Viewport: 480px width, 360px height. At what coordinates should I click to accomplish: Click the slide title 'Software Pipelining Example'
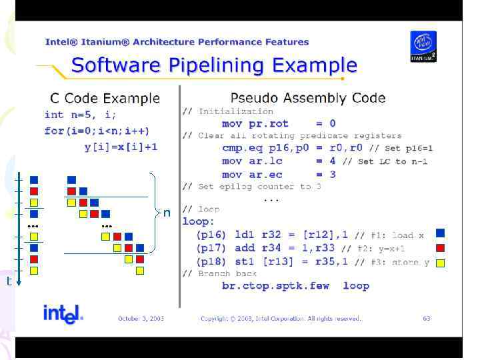(214, 65)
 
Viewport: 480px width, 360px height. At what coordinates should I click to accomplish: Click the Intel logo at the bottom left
(63, 315)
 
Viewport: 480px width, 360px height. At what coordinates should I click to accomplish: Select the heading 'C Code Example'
(105, 98)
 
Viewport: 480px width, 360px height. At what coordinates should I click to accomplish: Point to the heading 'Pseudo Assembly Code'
(307, 98)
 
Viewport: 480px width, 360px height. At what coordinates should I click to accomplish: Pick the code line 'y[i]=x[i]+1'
(121, 146)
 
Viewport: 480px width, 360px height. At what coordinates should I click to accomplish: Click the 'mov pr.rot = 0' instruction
(279, 123)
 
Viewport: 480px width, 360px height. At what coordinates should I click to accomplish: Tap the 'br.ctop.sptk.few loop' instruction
(295, 286)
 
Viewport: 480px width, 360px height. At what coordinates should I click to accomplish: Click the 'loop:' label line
(199, 221)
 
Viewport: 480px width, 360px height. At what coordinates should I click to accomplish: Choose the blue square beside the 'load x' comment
(440, 233)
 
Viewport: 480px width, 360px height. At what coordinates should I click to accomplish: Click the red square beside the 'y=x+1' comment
(440, 248)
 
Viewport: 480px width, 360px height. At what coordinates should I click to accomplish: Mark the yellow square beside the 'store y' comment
(440, 263)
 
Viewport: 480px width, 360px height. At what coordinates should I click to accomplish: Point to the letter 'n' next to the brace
(167, 213)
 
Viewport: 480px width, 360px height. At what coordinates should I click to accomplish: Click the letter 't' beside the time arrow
(9, 281)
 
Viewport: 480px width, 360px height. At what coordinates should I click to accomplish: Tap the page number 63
(426, 319)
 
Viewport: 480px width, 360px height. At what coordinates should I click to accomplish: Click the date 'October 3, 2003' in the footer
(141, 319)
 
